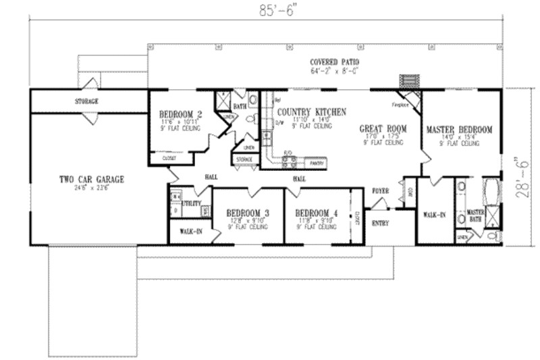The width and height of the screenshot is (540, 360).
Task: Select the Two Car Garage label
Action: point(91,179)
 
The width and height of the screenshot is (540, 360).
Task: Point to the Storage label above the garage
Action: point(86,101)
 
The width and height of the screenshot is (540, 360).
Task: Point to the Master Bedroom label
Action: point(459,128)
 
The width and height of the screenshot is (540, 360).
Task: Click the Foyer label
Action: point(381,191)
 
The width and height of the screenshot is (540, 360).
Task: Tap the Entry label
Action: point(381,223)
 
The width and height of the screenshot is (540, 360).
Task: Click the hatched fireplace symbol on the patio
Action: point(408,81)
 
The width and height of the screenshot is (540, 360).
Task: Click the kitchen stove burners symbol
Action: point(290,161)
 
